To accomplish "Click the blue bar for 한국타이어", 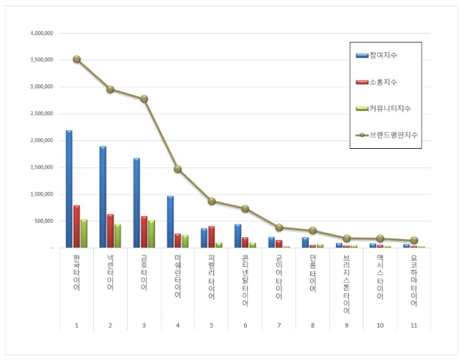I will point(69,189).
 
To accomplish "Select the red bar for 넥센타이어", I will point(110,231).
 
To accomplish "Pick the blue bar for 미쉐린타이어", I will point(170,222).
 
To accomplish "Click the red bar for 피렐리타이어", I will point(211,236).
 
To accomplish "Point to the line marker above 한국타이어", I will point(76,60).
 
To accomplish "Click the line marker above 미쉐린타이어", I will point(177,169).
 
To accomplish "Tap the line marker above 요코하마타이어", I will point(414,240).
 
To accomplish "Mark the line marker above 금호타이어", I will point(144,99).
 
